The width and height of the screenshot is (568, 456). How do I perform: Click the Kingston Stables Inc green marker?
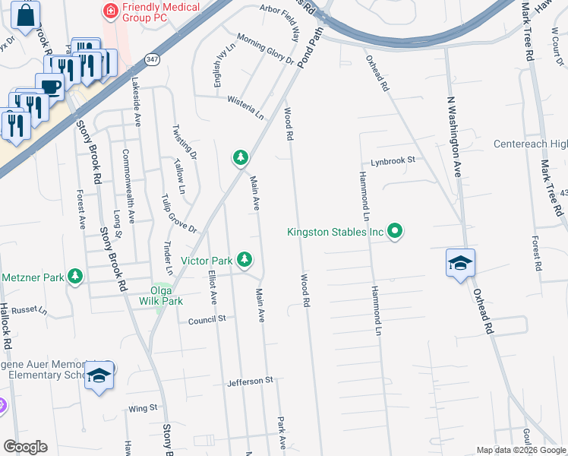tap(395, 231)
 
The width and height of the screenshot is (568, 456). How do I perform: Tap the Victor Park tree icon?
tap(244, 260)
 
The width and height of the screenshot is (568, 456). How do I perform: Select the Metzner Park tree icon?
tap(75, 277)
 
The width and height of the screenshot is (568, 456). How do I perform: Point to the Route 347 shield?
tap(153, 59)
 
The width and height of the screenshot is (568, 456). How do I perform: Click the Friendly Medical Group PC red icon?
tap(110, 11)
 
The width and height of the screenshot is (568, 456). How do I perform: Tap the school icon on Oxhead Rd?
tap(460, 263)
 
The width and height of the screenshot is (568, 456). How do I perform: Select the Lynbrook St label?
tap(393, 161)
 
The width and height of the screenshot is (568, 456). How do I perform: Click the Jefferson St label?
tap(250, 382)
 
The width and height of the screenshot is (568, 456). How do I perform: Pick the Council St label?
tap(207, 319)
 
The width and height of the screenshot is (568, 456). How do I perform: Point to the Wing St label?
tap(142, 408)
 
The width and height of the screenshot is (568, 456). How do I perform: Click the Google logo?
tap(25, 447)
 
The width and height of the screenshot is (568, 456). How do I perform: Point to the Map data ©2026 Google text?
tap(520, 450)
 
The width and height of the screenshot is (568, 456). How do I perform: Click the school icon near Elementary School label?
tap(99, 376)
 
